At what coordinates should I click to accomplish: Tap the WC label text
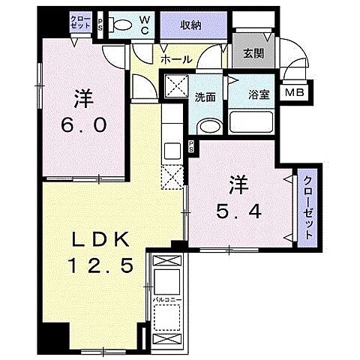point(145,24)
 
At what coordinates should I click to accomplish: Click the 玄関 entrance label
point(252,53)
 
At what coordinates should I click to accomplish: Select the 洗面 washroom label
point(206,96)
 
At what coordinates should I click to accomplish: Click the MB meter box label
point(292,93)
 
